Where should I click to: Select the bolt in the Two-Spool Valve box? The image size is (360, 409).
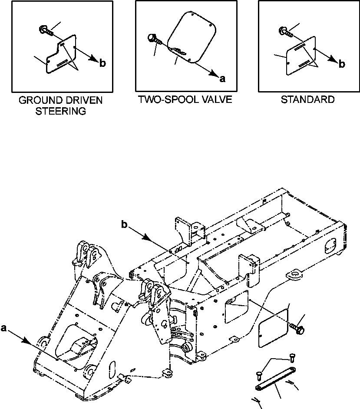(154, 39)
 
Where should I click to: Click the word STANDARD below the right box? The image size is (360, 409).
(307, 100)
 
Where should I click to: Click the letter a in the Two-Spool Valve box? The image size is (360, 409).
(223, 79)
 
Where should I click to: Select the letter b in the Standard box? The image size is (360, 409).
(342, 64)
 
